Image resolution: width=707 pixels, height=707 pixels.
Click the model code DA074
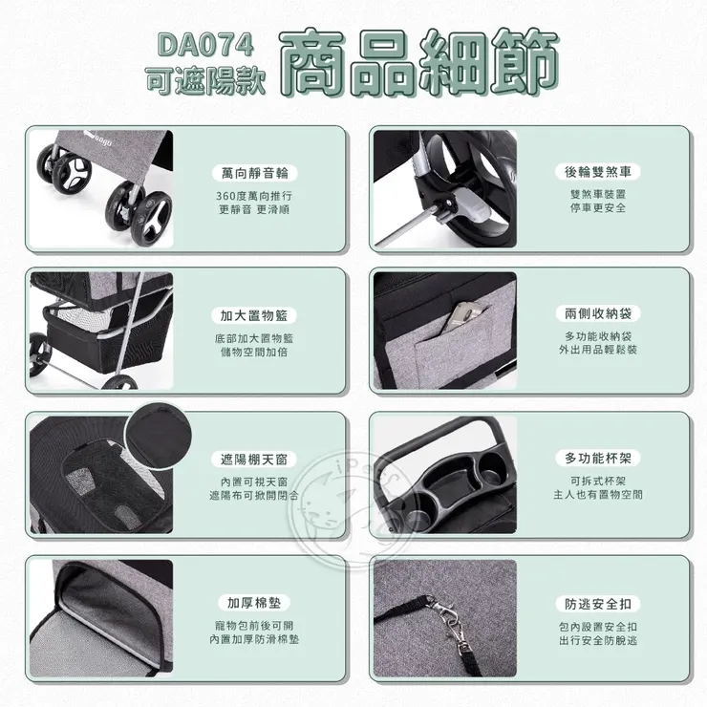point(205,45)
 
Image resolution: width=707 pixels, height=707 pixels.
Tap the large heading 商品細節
point(419,62)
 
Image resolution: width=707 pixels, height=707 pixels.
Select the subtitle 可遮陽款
point(205,81)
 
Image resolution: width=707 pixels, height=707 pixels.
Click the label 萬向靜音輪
point(254,173)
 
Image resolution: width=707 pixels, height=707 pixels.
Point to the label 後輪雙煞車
point(598,172)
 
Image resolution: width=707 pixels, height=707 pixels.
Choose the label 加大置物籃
point(254,315)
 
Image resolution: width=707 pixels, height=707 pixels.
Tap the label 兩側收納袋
point(598,313)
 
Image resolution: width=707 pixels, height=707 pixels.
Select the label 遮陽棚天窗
point(254,460)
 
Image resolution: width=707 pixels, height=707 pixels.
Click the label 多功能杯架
point(598,458)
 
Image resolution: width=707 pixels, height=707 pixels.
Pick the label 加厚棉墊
point(254,603)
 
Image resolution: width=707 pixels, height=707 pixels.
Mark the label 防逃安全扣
point(598,604)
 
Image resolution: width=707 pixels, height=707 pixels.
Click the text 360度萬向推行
point(254,196)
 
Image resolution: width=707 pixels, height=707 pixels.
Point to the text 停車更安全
point(598,208)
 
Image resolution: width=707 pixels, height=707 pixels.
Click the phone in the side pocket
point(464,315)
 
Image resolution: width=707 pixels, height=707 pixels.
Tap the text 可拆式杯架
point(598,482)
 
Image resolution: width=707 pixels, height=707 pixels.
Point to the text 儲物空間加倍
point(254,353)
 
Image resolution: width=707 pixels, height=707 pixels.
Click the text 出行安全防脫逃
point(598,640)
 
